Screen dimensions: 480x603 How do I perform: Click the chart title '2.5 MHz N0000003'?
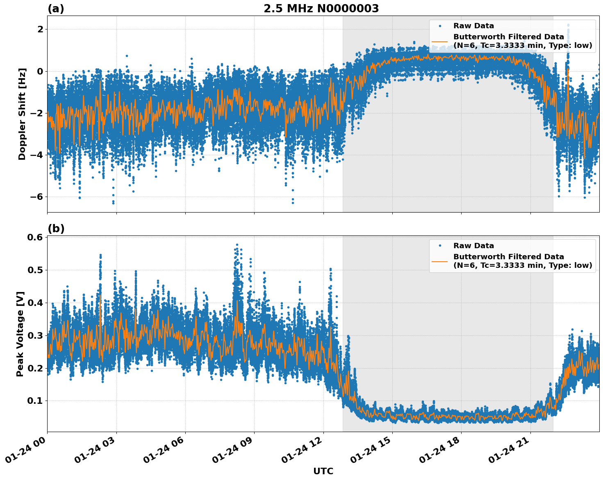click(321, 9)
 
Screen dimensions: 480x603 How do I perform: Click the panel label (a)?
click(56, 9)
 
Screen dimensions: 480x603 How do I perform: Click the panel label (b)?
click(56, 229)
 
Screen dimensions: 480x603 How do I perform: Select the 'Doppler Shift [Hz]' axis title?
click(22, 114)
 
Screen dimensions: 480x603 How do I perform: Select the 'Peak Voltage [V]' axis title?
click(20, 334)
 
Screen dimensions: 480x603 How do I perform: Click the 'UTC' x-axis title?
click(323, 471)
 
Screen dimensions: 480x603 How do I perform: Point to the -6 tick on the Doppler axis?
click(36, 197)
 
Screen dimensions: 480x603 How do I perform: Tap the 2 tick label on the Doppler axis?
click(40, 29)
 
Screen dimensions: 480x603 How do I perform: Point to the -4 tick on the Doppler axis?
click(36, 155)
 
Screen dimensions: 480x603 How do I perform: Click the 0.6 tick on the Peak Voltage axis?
click(35, 238)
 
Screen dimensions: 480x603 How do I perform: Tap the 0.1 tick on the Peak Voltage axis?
click(35, 401)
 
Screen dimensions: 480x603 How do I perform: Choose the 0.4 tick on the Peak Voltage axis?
click(35, 303)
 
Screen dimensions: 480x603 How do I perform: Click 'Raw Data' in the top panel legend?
click(473, 26)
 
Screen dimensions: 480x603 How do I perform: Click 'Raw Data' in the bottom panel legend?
click(473, 246)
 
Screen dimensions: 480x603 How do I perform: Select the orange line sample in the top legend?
click(439, 41)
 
